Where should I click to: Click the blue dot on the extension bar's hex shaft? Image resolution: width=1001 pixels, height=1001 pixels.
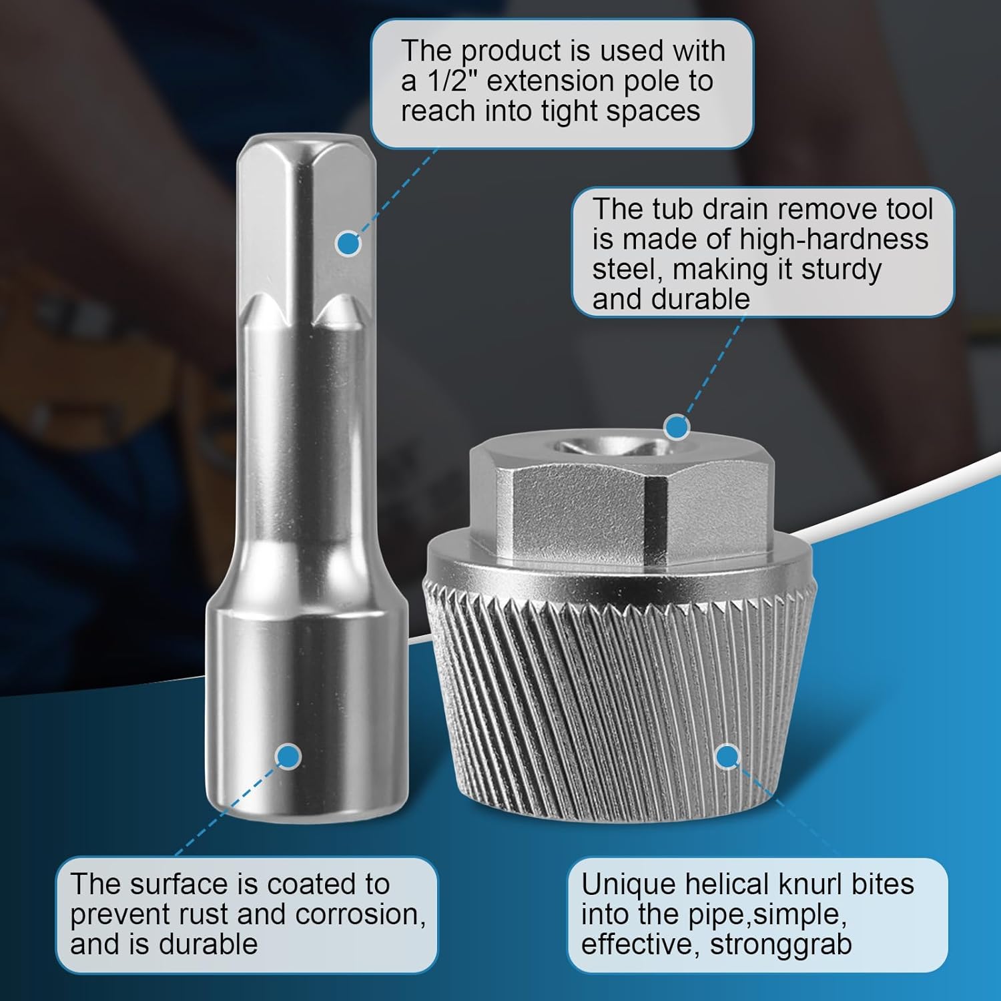tap(348, 243)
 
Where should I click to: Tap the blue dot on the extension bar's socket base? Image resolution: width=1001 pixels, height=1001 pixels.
tap(288, 756)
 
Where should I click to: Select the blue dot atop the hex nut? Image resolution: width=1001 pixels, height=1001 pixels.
tap(677, 426)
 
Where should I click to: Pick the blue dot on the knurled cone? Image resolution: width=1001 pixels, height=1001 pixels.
tap(727, 756)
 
